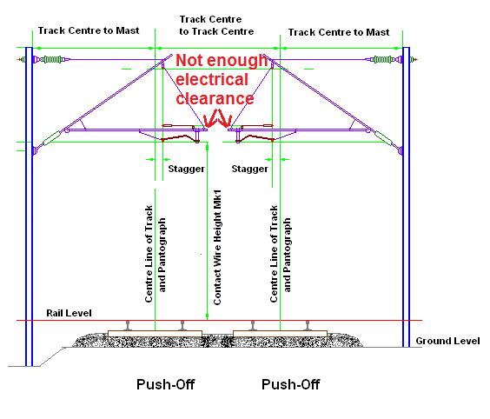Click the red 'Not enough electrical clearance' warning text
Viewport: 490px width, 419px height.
pyautogui.click(x=222, y=79)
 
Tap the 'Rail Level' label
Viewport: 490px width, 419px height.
pyautogui.click(x=69, y=313)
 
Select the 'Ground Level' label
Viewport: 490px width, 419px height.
pyautogui.click(x=447, y=341)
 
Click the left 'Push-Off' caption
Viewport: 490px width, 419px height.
pyautogui.click(x=166, y=384)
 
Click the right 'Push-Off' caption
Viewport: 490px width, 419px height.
pyautogui.click(x=291, y=384)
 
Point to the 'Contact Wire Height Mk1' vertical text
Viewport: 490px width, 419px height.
pyautogui.click(x=217, y=247)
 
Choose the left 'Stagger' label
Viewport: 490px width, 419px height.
pyautogui.click(x=186, y=169)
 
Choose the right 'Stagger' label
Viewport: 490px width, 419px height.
pyautogui.click(x=249, y=169)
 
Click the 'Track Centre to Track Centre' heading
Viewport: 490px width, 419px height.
pyautogui.click(x=216, y=25)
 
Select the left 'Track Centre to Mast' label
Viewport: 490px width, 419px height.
pyautogui.click(x=89, y=30)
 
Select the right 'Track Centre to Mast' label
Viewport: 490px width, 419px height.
pyautogui.click(x=339, y=32)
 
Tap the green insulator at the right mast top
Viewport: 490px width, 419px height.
pyautogui.click(x=382, y=59)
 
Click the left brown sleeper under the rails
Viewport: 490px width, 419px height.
pyautogui.click(x=155, y=334)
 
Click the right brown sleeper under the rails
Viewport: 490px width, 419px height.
pyautogui.click(x=280, y=334)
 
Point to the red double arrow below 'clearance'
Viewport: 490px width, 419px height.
pyautogui.click(x=218, y=119)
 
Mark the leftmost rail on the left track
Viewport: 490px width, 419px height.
pyautogui.click(x=128, y=325)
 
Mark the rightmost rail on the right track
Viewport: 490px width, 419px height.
pyautogui.click(x=308, y=325)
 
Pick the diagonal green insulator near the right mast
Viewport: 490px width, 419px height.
pyautogui.click(x=383, y=138)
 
